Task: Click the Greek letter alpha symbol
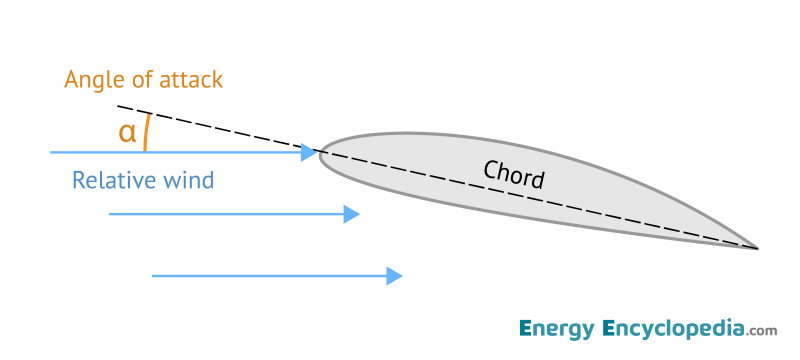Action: [x=127, y=133]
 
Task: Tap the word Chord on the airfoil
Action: [x=514, y=174]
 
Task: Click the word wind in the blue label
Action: [x=190, y=181]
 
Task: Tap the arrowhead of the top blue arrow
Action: [x=309, y=152]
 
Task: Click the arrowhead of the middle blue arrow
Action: [x=351, y=214]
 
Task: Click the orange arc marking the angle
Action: [x=147, y=132]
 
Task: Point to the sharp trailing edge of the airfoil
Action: [x=756, y=246]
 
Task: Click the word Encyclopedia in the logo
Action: [x=674, y=328]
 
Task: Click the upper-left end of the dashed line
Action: [x=119, y=105]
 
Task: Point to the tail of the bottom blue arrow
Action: [x=153, y=274]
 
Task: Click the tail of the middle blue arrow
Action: [x=110, y=214]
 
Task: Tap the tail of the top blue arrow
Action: [x=52, y=152]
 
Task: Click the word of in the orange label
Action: [x=141, y=79]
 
